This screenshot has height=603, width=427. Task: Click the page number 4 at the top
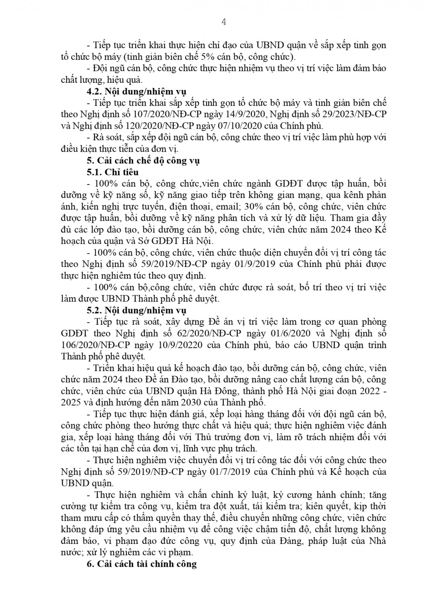tap(224, 22)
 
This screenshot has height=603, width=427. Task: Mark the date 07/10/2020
tap(256, 125)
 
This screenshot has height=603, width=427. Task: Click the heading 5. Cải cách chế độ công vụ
tap(143, 160)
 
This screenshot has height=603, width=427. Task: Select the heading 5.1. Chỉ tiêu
tap(113, 172)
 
